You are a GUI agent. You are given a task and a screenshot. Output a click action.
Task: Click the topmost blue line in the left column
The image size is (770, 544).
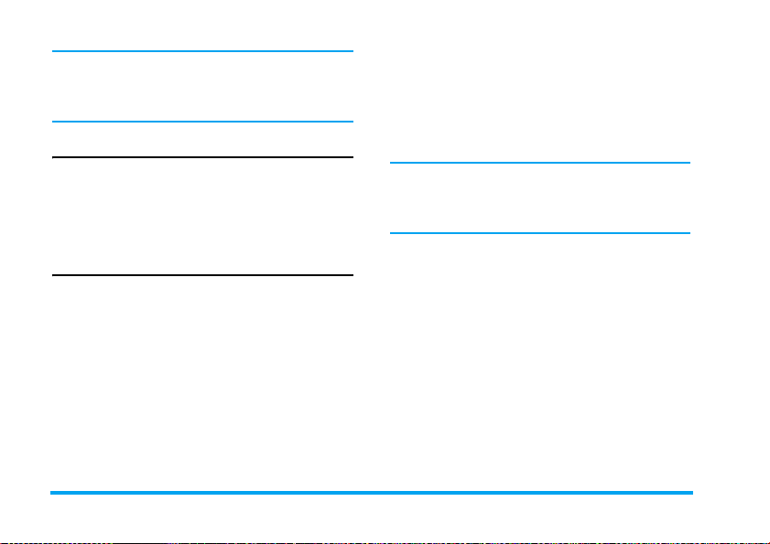click(x=202, y=51)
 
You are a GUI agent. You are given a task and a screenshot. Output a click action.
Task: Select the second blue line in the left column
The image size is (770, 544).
click(x=202, y=122)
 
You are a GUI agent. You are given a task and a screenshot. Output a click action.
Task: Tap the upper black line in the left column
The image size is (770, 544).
click(x=202, y=157)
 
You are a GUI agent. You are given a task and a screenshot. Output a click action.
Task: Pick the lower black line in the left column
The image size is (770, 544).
click(x=202, y=274)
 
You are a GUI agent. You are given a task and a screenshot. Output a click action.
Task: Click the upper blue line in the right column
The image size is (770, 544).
click(x=539, y=163)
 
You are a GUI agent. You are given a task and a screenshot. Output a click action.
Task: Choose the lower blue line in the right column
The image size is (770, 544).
click(x=539, y=232)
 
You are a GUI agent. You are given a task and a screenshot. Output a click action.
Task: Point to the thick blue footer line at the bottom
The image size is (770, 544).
click(x=372, y=493)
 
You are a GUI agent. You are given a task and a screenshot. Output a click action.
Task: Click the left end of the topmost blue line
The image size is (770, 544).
click(x=54, y=51)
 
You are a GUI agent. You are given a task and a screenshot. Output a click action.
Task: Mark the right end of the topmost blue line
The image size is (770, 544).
click(x=352, y=51)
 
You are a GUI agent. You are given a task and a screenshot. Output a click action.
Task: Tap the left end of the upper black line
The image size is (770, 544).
click(x=54, y=157)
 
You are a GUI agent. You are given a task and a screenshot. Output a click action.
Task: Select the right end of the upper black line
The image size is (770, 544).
click(x=352, y=157)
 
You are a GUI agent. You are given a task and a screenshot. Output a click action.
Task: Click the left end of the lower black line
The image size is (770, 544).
click(x=54, y=274)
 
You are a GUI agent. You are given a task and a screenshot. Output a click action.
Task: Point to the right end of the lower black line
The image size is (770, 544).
click(x=352, y=274)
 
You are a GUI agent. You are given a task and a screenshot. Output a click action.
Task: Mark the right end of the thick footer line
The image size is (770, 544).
click(x=691, y=493)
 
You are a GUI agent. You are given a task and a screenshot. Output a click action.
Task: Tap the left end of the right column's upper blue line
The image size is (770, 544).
click(x=392, y=163)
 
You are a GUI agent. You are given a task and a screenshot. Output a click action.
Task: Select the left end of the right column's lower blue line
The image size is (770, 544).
click(x=392, y=232)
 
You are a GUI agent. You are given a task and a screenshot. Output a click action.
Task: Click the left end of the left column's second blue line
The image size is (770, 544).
click(x=54, y=122)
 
